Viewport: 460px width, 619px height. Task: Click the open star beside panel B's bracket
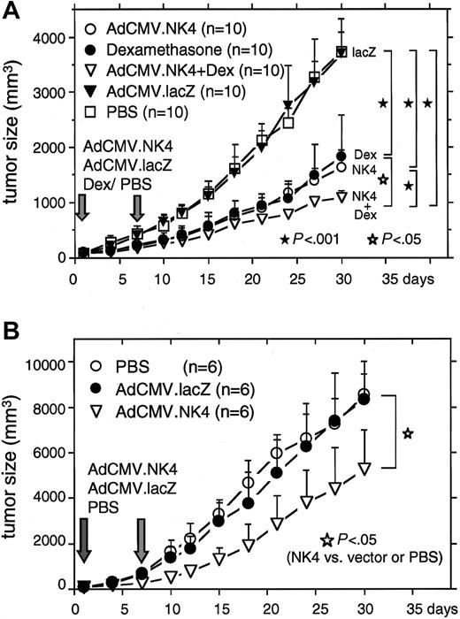pyautogui.click(x=408, y=433)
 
